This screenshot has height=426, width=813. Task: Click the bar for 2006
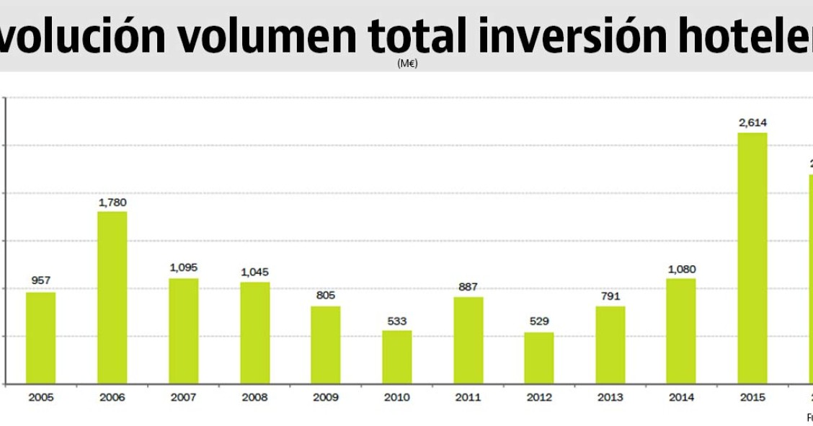(x=112, y=297)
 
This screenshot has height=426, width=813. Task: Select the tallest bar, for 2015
(x=752, y=258)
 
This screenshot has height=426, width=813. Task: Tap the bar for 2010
(x=396, y=357)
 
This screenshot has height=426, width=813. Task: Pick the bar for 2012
(x=538, y=358)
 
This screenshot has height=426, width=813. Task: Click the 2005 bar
(x=40, y=337)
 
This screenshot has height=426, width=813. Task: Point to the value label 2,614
(x=752, y=123)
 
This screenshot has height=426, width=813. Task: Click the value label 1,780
(x=112, y=202)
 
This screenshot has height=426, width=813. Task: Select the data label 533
(x=396, y=321)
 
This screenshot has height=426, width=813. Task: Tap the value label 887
(x=468, y=287)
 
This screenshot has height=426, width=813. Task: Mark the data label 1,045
(x=254, y=272)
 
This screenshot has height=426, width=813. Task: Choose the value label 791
(x=610, y=296)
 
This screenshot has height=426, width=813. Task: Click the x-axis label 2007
(x=183, y=397)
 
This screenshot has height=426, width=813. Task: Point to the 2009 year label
(x=325, y=397)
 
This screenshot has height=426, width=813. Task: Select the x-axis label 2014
(x=681, y=397)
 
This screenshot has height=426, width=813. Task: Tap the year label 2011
(x=468, y=397)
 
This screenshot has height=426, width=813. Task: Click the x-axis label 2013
(x=610, y=397)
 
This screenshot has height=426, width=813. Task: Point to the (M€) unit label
(x=407, y=63)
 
